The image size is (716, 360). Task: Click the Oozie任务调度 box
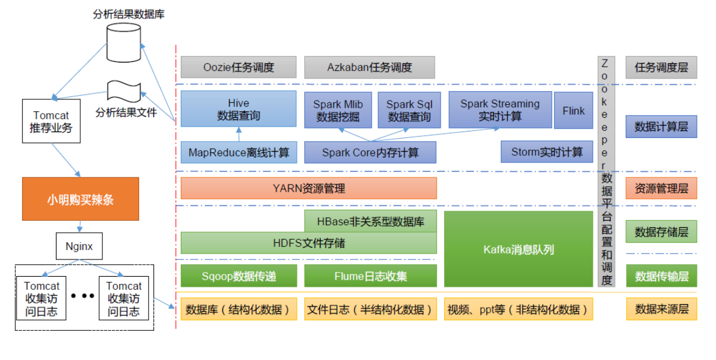point(238,67)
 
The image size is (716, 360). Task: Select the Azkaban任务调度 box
point(369,67)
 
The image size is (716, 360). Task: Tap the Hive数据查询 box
point(238,109)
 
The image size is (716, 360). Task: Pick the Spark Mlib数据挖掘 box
point(338,110)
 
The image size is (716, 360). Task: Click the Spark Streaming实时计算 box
point(500,110)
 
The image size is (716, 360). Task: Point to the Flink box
point(573,110)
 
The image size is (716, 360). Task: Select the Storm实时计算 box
point(547,152)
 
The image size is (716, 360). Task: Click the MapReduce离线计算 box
point(238,152)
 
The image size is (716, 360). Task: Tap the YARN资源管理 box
point(309,189)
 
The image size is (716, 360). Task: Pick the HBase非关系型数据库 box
point(370,221)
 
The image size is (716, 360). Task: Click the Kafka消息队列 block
point(519,249)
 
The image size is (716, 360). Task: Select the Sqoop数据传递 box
point(238,276)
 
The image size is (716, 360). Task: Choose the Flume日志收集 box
point(370,276)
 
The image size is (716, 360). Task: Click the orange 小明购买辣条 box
point(80,199)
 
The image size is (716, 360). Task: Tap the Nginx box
point(78,246)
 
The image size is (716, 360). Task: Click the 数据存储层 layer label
point(661,231)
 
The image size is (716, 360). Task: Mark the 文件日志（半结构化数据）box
point(370,309)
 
